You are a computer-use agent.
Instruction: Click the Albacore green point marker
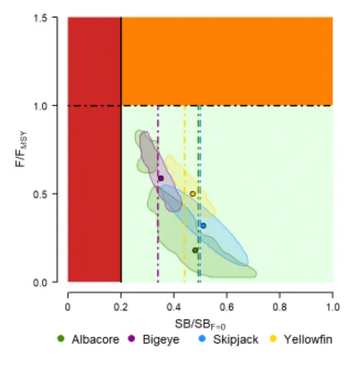(195, 250)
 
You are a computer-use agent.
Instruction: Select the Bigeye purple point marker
(160, 178)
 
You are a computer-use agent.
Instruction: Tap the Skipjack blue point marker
(203, 225)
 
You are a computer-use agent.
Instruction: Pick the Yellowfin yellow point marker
(193, 193)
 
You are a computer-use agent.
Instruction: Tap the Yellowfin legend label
(308, 338)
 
